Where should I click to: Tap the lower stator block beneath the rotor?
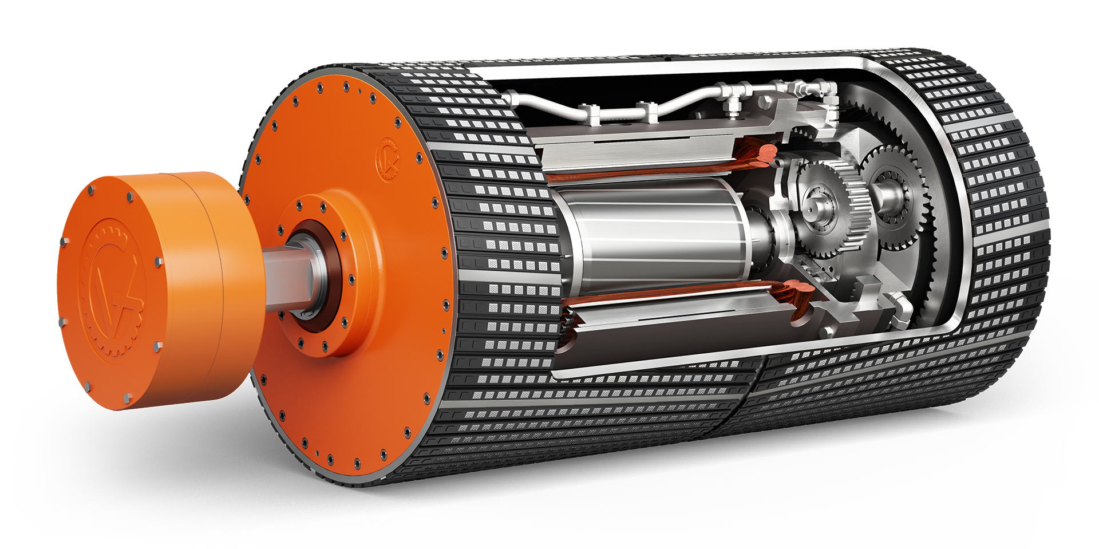click(658, 326)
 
